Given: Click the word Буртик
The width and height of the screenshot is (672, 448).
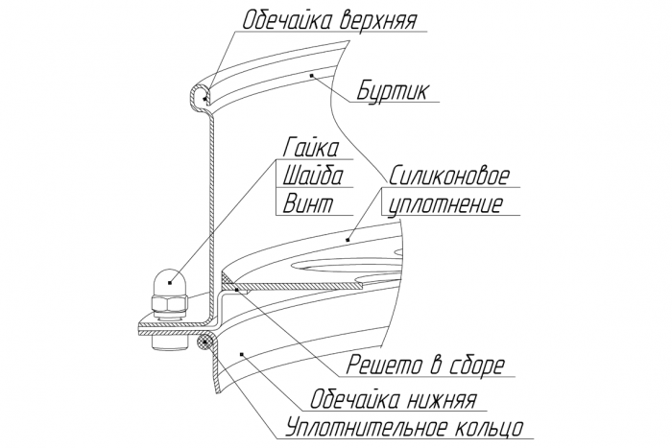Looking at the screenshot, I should [391, 93].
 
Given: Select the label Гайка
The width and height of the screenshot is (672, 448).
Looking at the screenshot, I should [311, 149].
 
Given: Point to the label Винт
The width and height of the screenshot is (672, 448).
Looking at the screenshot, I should [304, 203].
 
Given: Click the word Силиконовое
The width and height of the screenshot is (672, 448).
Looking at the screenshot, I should [449, 177].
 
